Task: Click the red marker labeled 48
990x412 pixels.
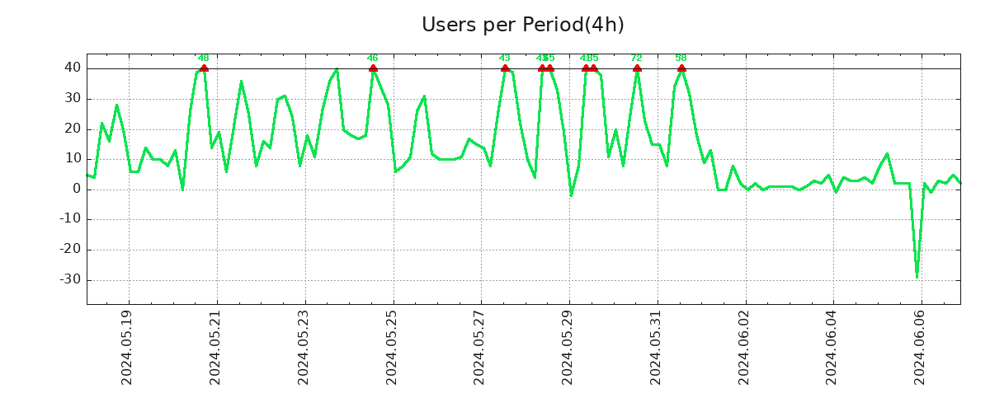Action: [204, 68]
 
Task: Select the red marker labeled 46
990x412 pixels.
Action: [373, 68]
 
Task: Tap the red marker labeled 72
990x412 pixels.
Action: [637, 68]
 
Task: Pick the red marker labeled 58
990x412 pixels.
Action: [681, 68]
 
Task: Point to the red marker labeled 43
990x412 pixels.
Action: [505, 68]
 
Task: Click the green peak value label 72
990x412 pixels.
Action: [636, 58]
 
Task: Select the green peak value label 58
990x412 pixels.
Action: [681, 58]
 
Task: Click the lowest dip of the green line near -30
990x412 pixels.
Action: [917, 276]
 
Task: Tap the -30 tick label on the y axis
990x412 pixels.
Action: [70, 279]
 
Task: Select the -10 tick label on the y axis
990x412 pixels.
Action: [70, 219]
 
